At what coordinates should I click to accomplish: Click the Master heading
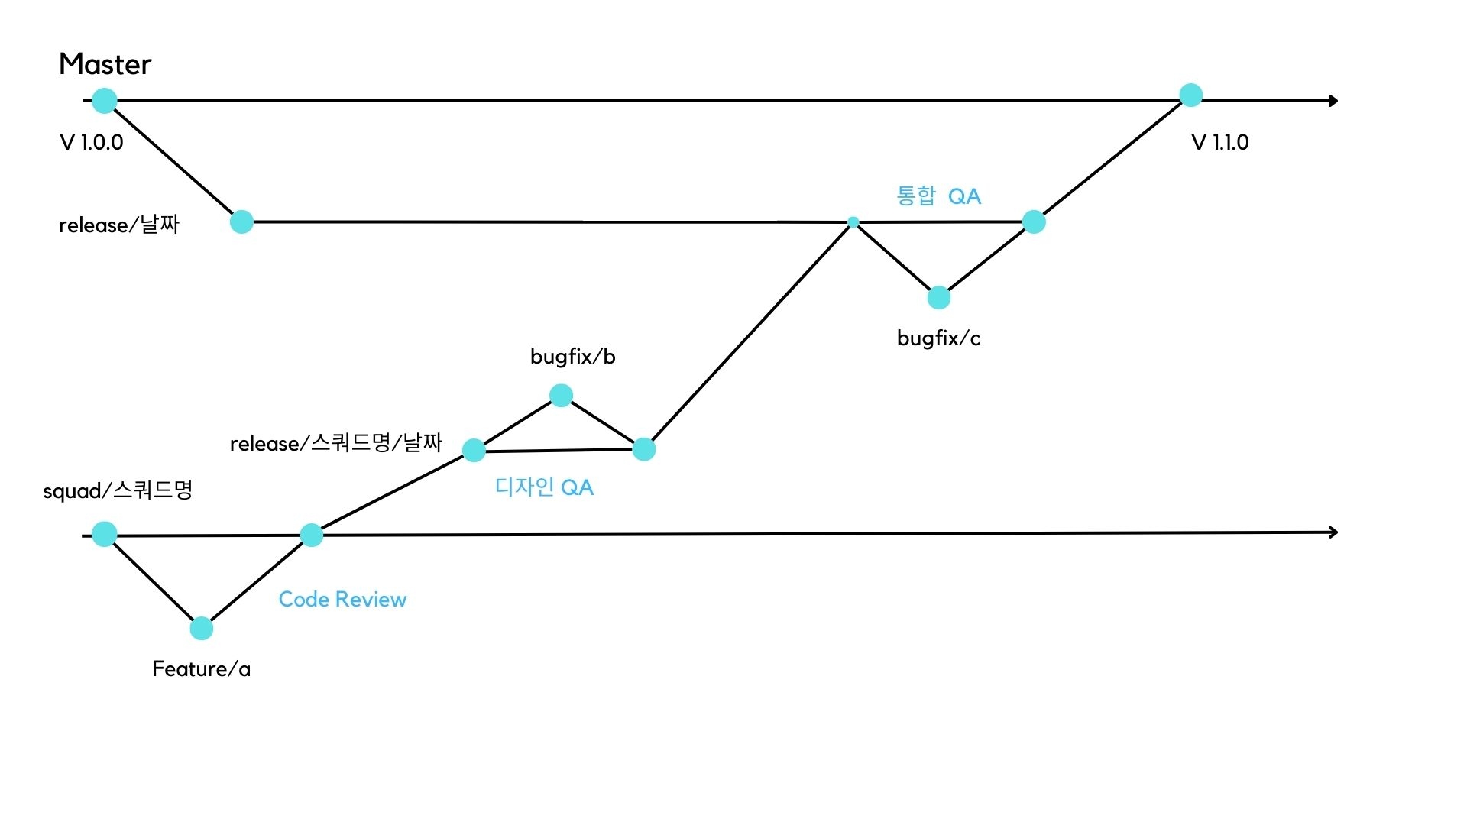tap(105, 64)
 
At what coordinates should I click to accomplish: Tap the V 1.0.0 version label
tap(91, 143)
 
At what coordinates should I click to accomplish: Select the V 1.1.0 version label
tap(1219, 143)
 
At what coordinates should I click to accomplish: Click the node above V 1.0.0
tap(105, 100)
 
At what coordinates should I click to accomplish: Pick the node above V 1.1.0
tap(1190, 95)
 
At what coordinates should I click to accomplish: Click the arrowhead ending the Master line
tap(1333, 101)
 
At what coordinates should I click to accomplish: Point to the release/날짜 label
tap(119, 225)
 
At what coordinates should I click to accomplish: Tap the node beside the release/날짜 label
tap(241, 222)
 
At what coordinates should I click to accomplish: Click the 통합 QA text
tap(938, 196)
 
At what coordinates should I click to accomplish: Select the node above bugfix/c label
tap(938, 297)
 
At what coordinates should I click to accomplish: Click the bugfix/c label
tap(938, 338)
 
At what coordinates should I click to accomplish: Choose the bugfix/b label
tap(572, 357)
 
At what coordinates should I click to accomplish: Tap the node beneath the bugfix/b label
tap(561, 395)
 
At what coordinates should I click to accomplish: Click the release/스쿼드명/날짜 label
tap(336, 443)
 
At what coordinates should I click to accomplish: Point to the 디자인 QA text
tap(544, 487)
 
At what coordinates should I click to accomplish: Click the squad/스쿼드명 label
tap(118, 490)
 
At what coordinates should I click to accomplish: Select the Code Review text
tap(342, 599)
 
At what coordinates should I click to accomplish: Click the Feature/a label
tap(201, 669)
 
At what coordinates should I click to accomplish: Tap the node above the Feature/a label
tap(201, 628)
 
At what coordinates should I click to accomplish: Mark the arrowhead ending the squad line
tap(1333, 532)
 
